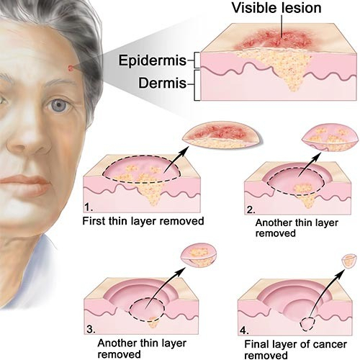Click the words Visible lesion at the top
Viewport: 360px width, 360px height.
click(x=276, y=8)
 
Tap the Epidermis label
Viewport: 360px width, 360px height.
click(x=153, y=60)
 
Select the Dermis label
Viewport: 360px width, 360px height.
click(x=162, y=84)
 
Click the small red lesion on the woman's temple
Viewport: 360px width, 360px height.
click(x=71, y=68)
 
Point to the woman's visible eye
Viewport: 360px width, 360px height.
click(x=58, y=105)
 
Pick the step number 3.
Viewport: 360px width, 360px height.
click(x=91, y=329)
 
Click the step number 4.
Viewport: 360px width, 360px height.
click(x=244, y=330)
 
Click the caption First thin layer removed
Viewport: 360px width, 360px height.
click(x=143, y=221)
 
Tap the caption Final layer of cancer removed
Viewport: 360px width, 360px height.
click(x=295, y=349)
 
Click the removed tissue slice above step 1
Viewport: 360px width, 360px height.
click(x=222, y=135)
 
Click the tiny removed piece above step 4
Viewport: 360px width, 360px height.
click(x=349, y=261)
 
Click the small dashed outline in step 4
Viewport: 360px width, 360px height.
click(x=307, y=324)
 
